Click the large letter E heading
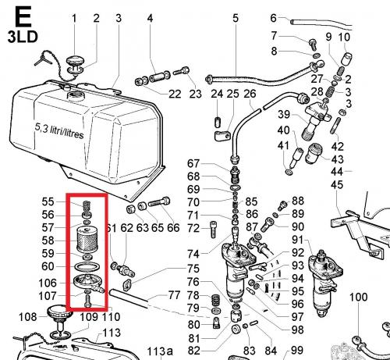pos(23,17)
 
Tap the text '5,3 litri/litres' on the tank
pos(59,131)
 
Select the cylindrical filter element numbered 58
pos(87,241)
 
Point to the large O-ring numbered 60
pos(87,267)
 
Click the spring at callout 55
pos(87,205)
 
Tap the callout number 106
pos(48,283)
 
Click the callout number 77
pos(174,295)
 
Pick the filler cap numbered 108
pos(58,319)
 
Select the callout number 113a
pos(160,351)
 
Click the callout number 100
pos(358,297)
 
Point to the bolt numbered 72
pos(213,229)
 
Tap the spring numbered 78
pos(216,300)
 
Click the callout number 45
pos(337,185)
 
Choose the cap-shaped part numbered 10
pos(346,59)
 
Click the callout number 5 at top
pos(236,18)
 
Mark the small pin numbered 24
pos(218,122)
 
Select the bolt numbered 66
pos(159,201)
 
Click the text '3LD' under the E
pos(23,37)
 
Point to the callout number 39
pos(284,114)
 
